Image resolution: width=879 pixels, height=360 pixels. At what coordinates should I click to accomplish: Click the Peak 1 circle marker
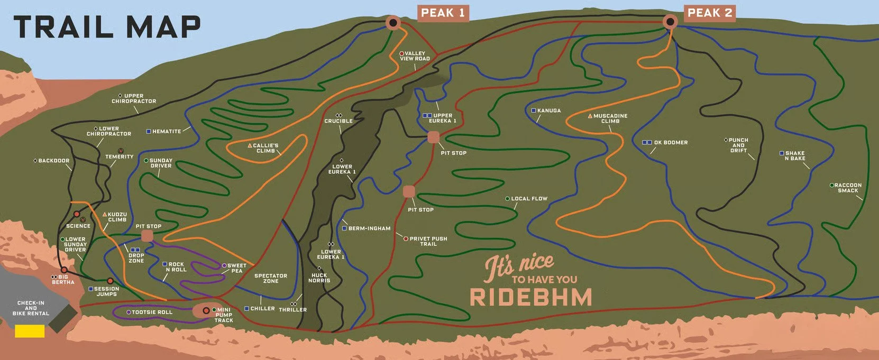coord(392,22)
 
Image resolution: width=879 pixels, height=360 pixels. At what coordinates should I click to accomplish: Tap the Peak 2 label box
coord(710,13)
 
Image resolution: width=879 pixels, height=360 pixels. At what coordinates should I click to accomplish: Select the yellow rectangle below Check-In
coord(30,331)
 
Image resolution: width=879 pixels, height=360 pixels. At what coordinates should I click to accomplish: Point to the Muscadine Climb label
coord(609,118)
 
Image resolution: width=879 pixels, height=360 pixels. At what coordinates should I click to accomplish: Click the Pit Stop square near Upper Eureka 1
coord(433,137)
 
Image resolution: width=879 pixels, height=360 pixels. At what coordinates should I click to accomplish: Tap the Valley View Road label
coord(415,56)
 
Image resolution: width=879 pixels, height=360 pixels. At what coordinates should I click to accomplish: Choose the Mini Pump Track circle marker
coord(206,310)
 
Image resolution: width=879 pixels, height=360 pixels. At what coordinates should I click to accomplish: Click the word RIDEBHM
coord(530,297)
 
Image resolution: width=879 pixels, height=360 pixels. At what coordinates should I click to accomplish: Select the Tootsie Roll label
coord(151,312)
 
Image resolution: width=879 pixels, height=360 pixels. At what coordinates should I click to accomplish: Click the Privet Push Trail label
coord(428,241)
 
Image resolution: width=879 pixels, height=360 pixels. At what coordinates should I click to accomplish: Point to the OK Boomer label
coord(670,143)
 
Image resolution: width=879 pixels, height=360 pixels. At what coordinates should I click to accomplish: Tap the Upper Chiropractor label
coord(134,98)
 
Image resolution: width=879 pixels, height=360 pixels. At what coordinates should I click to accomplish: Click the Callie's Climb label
coord(265,148)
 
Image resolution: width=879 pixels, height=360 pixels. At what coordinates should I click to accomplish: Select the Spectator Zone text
coord(271,278)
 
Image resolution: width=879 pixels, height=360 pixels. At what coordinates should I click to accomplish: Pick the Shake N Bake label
coord(794,155)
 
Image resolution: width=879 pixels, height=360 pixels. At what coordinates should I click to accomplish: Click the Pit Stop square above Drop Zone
coord(147,236)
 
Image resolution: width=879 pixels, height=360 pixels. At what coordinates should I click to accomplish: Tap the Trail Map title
coord(107,27)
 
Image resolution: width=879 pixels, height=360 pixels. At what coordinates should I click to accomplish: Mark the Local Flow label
coord(528,199)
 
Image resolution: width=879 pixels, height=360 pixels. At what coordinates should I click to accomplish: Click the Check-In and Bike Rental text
coord(31,308)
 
